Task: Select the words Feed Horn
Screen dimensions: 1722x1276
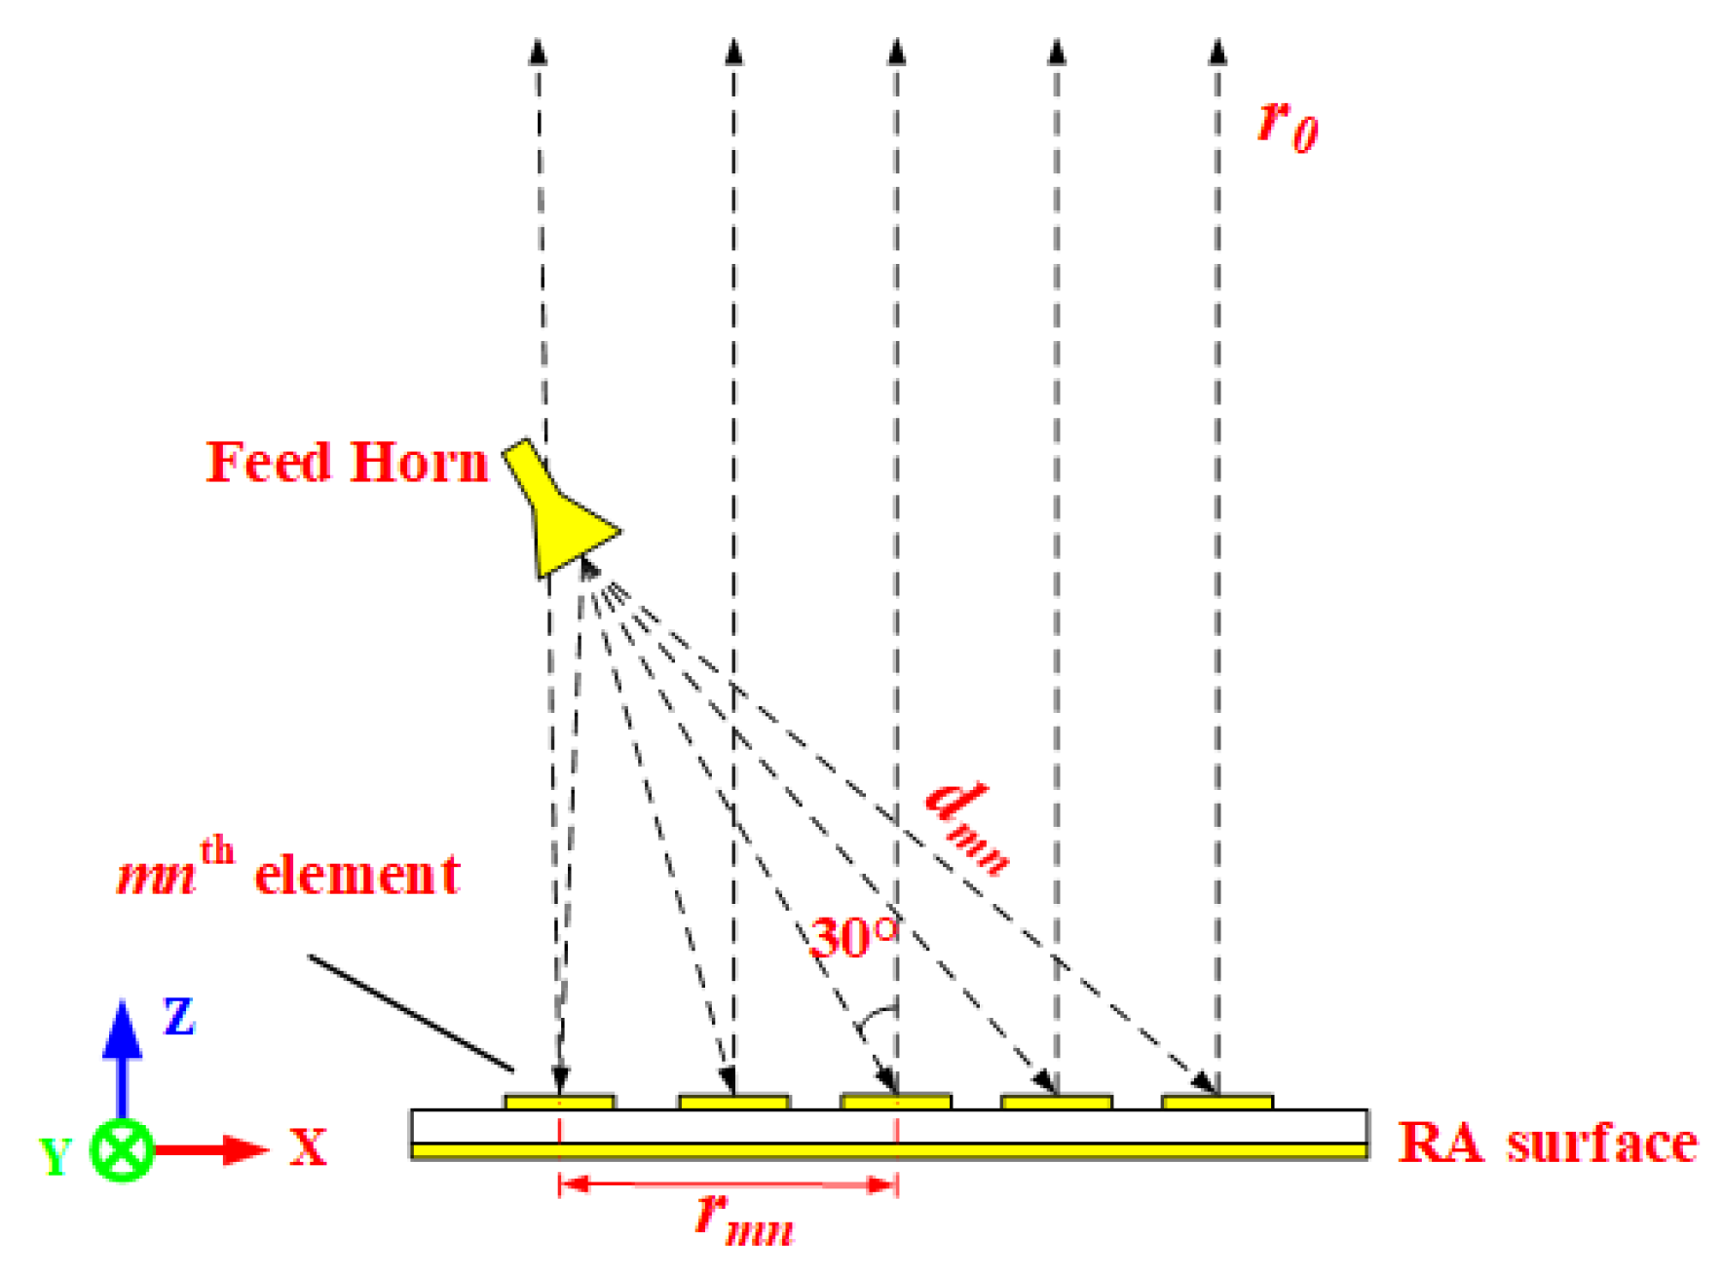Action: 347,462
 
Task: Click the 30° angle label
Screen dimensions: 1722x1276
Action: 853,937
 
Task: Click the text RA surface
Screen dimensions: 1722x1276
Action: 1547,1144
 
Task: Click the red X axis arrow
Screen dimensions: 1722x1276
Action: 209,1150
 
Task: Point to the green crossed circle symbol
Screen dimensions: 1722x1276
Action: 122,1150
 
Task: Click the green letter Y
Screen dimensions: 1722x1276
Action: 56,1156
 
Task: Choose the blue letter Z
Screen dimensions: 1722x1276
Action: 179,1017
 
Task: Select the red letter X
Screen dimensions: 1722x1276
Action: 308,1147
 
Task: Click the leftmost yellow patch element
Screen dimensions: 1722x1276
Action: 559,1103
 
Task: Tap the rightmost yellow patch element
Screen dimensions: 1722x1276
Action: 1217,1103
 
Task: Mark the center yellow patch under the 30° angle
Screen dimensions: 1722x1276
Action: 896,1103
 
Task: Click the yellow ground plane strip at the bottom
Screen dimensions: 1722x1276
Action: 888,1151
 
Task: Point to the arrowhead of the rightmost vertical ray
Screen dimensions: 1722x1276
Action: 1217,52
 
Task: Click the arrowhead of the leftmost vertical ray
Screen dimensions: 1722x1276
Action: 538,52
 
